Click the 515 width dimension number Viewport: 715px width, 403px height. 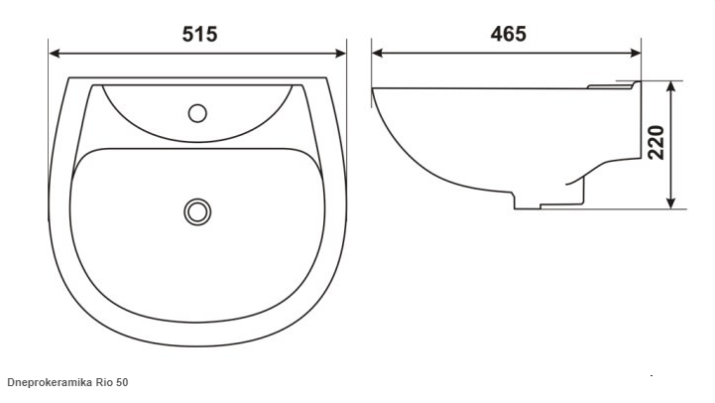pyautogui.click(x=199, y=34)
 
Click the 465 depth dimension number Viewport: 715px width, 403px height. pyautogui.click(x=509, y=34)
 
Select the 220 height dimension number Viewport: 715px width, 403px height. pyautogui.click(x=656, y=142)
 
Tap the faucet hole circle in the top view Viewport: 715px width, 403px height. pyautogui.click(x=197, y=113)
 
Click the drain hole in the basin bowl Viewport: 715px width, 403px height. pyautogui.click(x=197, y=211)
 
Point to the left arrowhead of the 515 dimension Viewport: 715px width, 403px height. pyautogui.click(x=55, y=54)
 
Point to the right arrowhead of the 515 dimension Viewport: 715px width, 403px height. pyautogui.click(x=340, y=54)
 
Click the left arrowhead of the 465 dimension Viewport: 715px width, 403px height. pyautogui.click(x=378, y=53)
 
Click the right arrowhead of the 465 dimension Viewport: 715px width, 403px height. pyautogui.click(x=636, y=53)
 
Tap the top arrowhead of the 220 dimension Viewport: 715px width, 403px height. pyautogui.click(x=670, y=87)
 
